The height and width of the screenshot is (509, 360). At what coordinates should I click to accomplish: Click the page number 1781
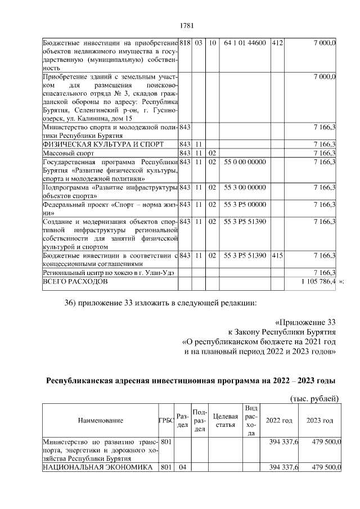(186, 24)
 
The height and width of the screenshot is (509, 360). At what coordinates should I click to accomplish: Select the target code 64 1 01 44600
(245, 43)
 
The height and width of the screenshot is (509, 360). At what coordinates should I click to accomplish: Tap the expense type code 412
(277, 43)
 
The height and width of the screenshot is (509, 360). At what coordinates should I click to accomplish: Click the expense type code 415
(277, 256)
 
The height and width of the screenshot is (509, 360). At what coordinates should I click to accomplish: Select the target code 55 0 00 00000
(245, 162)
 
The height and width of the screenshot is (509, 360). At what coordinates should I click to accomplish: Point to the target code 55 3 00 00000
(245, 187)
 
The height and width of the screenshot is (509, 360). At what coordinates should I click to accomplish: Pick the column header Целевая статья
(227, 420)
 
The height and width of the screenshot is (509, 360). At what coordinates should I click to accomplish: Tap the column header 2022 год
(279, 420)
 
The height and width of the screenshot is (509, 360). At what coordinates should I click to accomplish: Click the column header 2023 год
(319, 420)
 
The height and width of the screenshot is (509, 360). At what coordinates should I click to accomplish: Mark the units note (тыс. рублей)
(313, 399)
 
